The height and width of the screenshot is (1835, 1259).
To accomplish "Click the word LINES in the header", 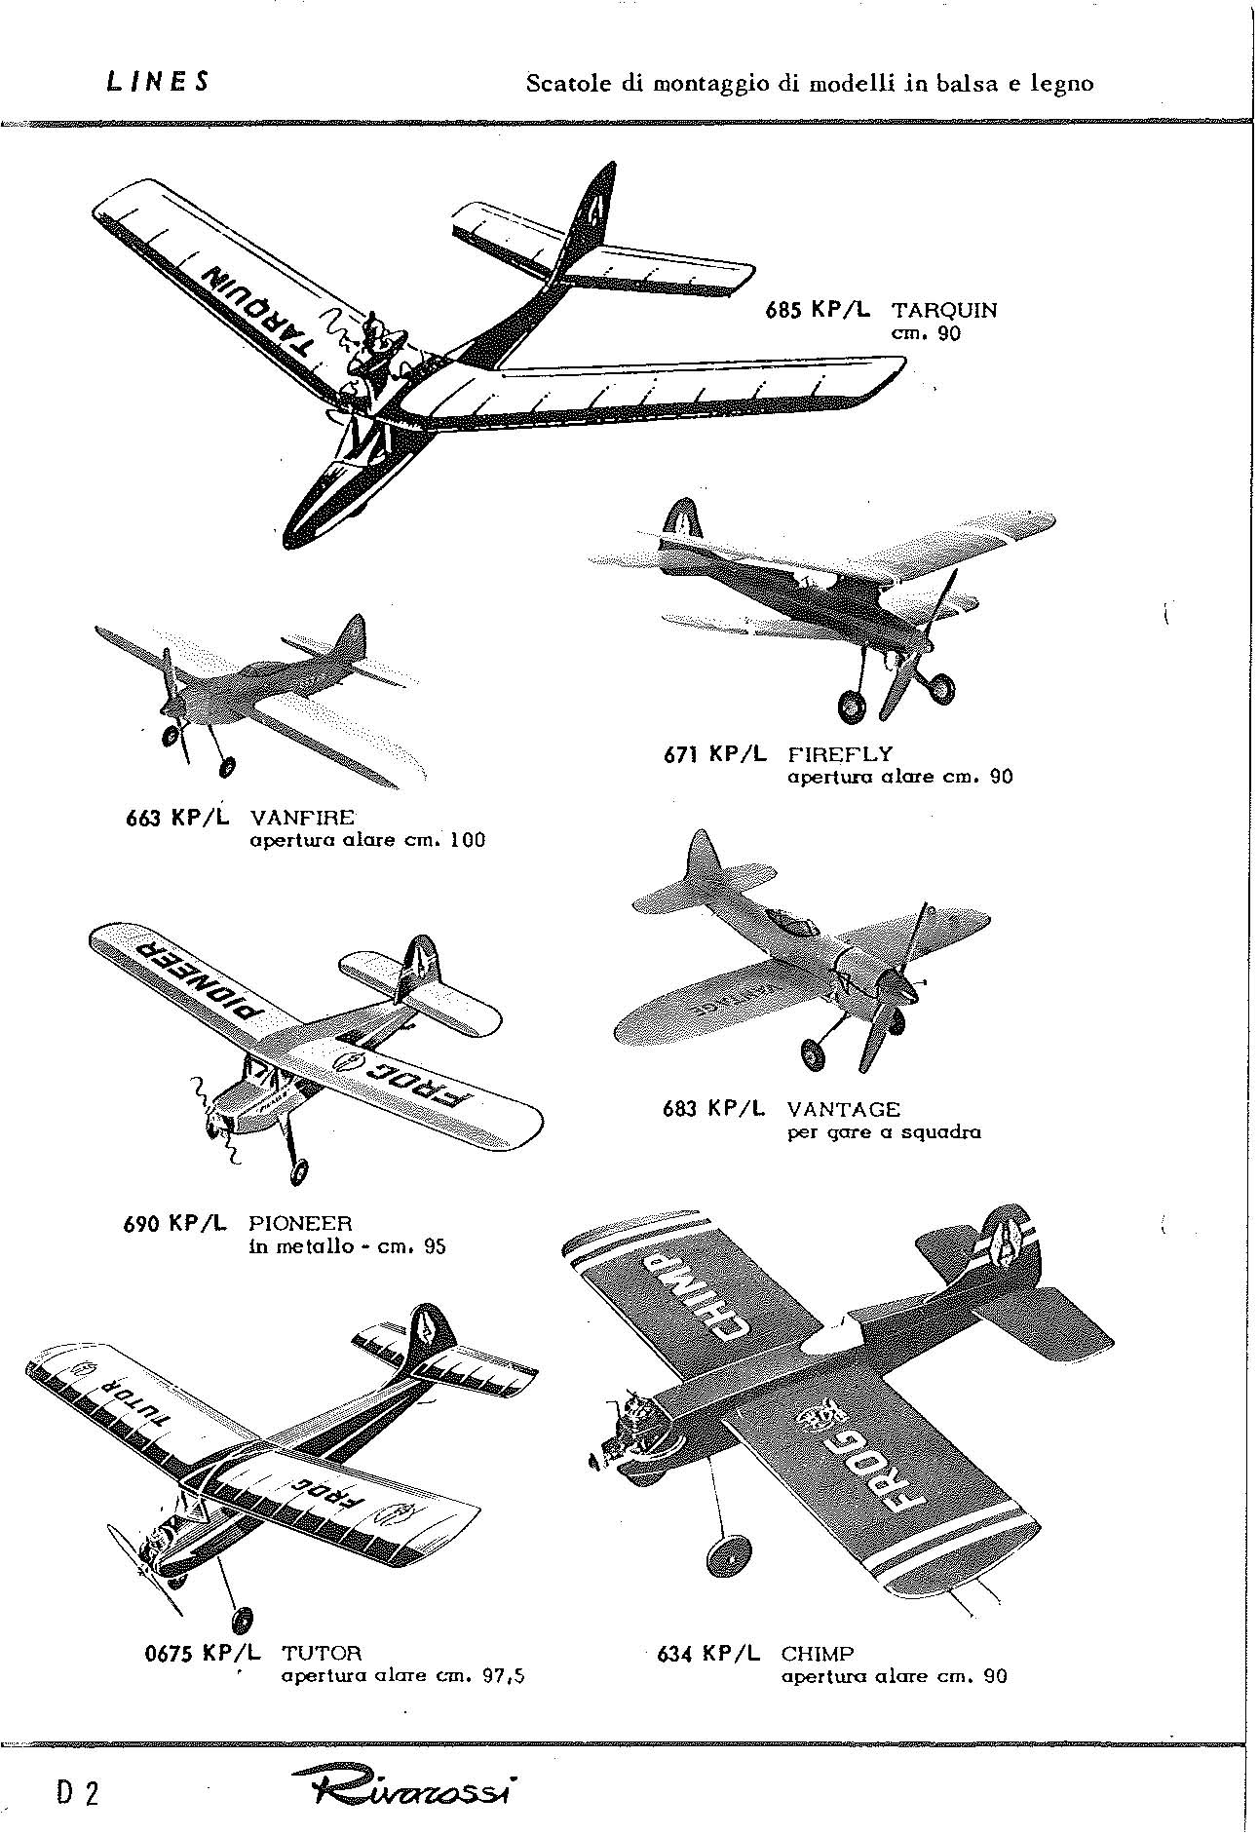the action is coord(157,82).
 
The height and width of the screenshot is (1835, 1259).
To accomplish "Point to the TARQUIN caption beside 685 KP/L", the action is coord(944,311).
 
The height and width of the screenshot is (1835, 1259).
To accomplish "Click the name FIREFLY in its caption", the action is coord(839,753).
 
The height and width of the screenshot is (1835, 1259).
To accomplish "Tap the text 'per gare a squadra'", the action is coord(883,1131).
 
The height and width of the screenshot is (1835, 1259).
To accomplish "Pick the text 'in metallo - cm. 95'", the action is coord(347,1245).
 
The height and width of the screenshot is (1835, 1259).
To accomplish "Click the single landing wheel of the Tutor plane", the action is coord(242,1620).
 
